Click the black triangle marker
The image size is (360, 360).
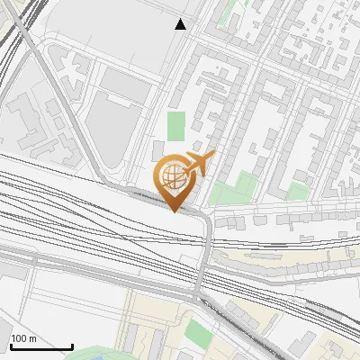[x=181, y=24]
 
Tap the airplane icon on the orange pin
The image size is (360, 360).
[x=199, y=163]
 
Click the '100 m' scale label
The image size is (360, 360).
[x=23, y=338]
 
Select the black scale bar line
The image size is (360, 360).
[x=41, y=346]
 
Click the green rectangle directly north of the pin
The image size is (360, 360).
[x=175, y=126]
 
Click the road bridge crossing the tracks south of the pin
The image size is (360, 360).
[x=206, y=252]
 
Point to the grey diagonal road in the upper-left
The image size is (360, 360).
[x=54, y=81]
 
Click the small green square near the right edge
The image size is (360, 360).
[x=298, y=191]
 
